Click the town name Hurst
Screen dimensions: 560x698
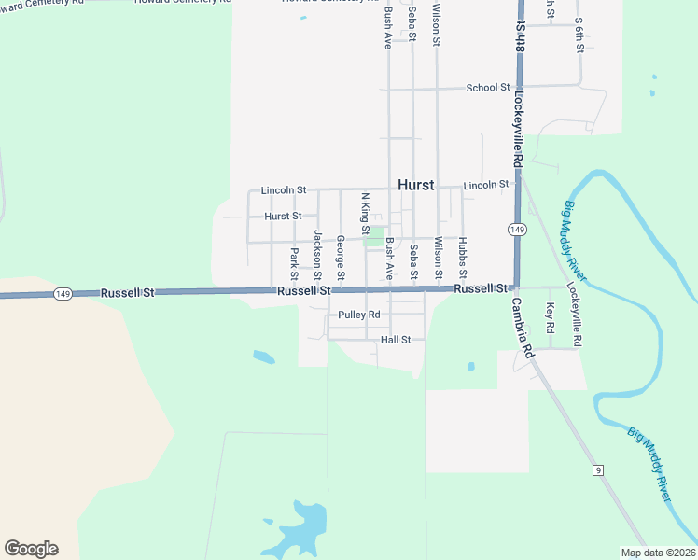(x=415, y=185)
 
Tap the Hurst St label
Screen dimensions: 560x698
(x=283, y=216)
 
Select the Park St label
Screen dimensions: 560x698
(x=294, y=263)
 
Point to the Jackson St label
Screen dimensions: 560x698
(x=318, y=255)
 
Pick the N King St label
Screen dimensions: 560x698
(x=366, y=214)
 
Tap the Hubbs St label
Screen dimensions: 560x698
(x=462, y=259)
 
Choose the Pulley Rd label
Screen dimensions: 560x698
(x=359, y=315)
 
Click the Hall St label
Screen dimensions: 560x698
(x=396, y=340)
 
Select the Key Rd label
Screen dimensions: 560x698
(x=551, y=319)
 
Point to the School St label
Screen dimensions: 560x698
(x=488, y=88)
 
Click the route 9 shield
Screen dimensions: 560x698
(x=596, y=469)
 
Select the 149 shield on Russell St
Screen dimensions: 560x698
(x=63, y=293)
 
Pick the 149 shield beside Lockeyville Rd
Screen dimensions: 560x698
(x=515, y=229)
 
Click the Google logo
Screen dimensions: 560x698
(x=31, y=549)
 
